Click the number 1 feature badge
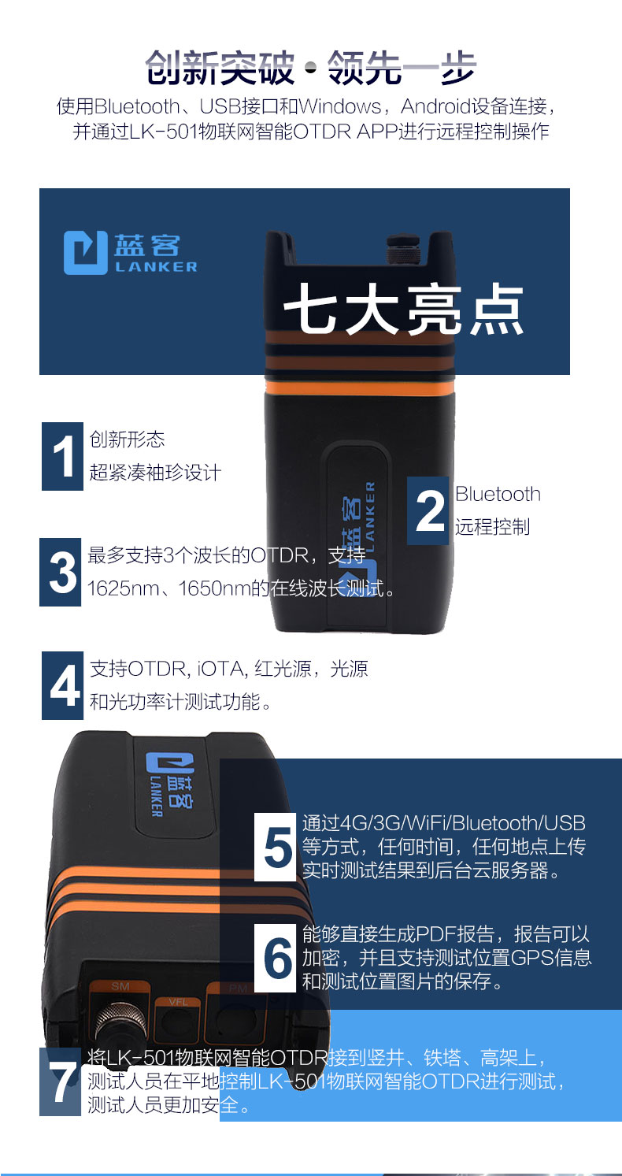(x=62, y=456)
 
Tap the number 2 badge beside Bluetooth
(x=428, y=510)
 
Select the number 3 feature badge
(x=61, y=572)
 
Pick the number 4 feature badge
(x=62, y=685)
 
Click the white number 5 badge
(x=275, y=847)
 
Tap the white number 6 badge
(x=275, y=958)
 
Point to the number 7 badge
(x=61, y=1081)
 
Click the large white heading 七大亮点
(x=404, y=310)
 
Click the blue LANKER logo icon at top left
(x=86, y=253)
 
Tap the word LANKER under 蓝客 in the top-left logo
(x=156, y=267)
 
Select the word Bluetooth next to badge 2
(x=498, y=494)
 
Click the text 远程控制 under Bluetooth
(x=492, y=527)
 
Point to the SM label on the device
(x=120, y=986)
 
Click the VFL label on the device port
(x=179, y=1002)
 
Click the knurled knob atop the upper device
(x=403, y=250)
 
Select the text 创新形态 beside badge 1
(x=127, y=440)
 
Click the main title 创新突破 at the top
(x=220, y=68)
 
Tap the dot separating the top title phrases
(x=311, y=68)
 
